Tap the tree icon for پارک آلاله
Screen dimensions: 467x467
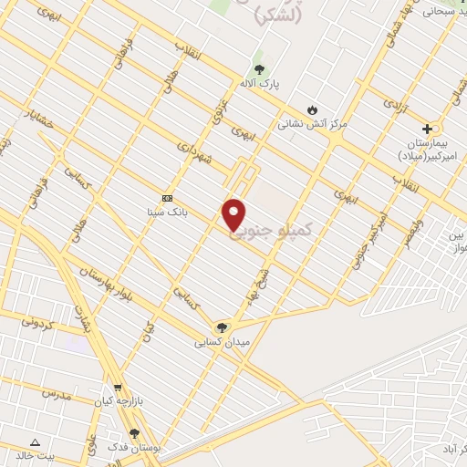pos(259,70)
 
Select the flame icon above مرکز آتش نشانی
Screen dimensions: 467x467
pos(312,109)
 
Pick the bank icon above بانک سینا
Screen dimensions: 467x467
pos(167,198)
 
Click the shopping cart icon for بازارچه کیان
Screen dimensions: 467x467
pos(117,388)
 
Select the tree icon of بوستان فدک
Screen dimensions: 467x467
pos(134,433)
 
